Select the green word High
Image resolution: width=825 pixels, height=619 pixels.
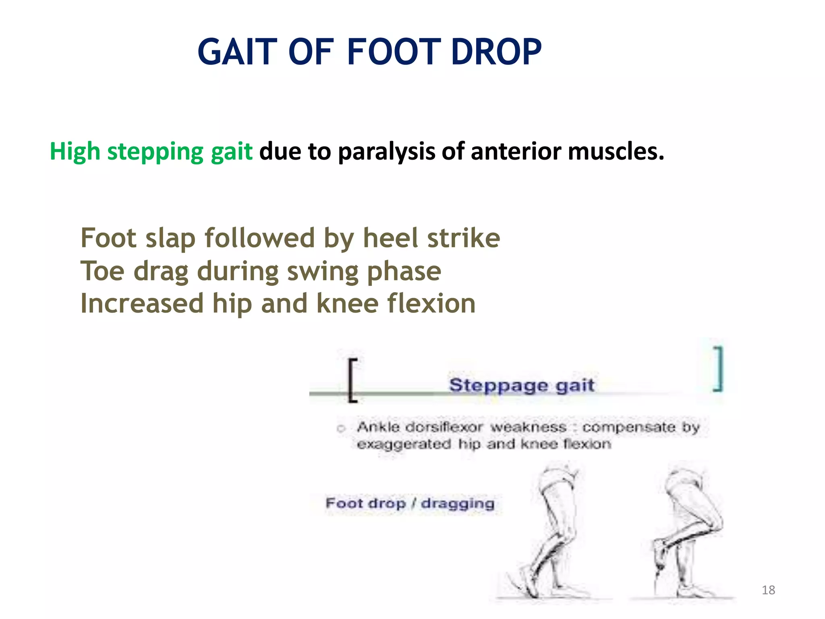pos(75,152)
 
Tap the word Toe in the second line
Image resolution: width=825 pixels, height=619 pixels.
pos(102,271)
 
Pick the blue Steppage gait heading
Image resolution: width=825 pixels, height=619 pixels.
pos(521,385)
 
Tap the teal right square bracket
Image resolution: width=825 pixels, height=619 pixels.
pos(718,369)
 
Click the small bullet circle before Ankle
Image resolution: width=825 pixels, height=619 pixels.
pos(341,428)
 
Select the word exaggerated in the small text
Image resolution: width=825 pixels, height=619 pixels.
pos(404,444)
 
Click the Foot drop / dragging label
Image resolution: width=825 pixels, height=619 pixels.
pos(410,503)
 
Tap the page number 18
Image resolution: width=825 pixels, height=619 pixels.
pos(768,590)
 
